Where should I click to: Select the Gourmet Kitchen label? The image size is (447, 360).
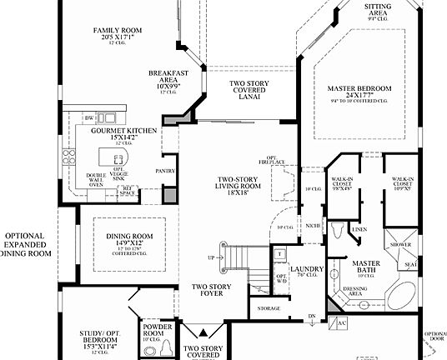click(x=103, y=131)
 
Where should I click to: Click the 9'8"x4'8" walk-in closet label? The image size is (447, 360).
click(x=343, y=183)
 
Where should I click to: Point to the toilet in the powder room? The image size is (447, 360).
click(x=164, y=346)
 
